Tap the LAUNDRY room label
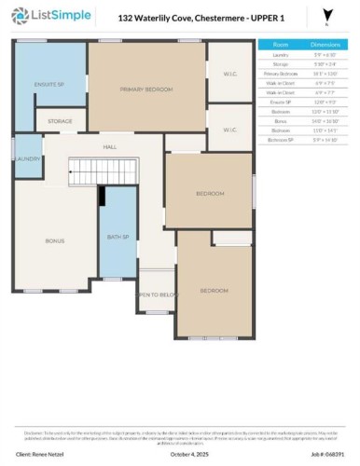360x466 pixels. pyautogui.click(x=27, y=159)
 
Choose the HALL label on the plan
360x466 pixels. pyautogui.click(x=109, y=146)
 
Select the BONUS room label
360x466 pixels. pyautogui.click(x=55, y=240)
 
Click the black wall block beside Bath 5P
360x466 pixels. pyautogui.click(x=103, y=195)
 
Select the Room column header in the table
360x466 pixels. pyautogui.click(x=280, y=45)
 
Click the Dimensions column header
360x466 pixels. pyautogui.click(x=322, y=45)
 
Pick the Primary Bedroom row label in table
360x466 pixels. pyautogui.click(x=280, y=72)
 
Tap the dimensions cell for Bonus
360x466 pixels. pyautogui.click(x=322, y=122)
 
